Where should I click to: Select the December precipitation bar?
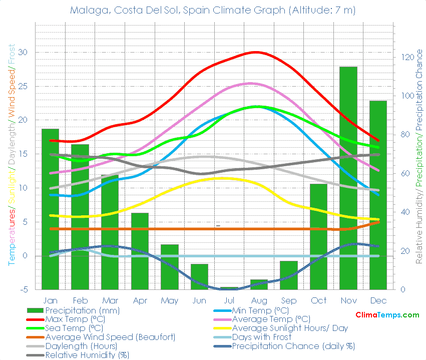click(378, 195)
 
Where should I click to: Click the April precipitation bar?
click(140, 251)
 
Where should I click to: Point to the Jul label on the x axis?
click(229, 300)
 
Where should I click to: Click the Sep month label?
click(289, 300)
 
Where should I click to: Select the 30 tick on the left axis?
click(23, 53)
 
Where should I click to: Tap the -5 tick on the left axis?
click(23, 289)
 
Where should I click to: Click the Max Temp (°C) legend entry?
click(75, 319)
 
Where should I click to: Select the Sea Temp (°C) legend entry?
click(74, 328)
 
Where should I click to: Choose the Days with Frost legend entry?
click(261, 337)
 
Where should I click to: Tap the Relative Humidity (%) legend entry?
click(87, 355)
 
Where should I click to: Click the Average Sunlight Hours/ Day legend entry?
click(289, 328)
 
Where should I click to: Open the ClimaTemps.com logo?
click(387, 315)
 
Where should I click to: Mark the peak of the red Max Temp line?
click(256, 52)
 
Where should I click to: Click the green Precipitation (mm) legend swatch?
click(35, 310)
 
